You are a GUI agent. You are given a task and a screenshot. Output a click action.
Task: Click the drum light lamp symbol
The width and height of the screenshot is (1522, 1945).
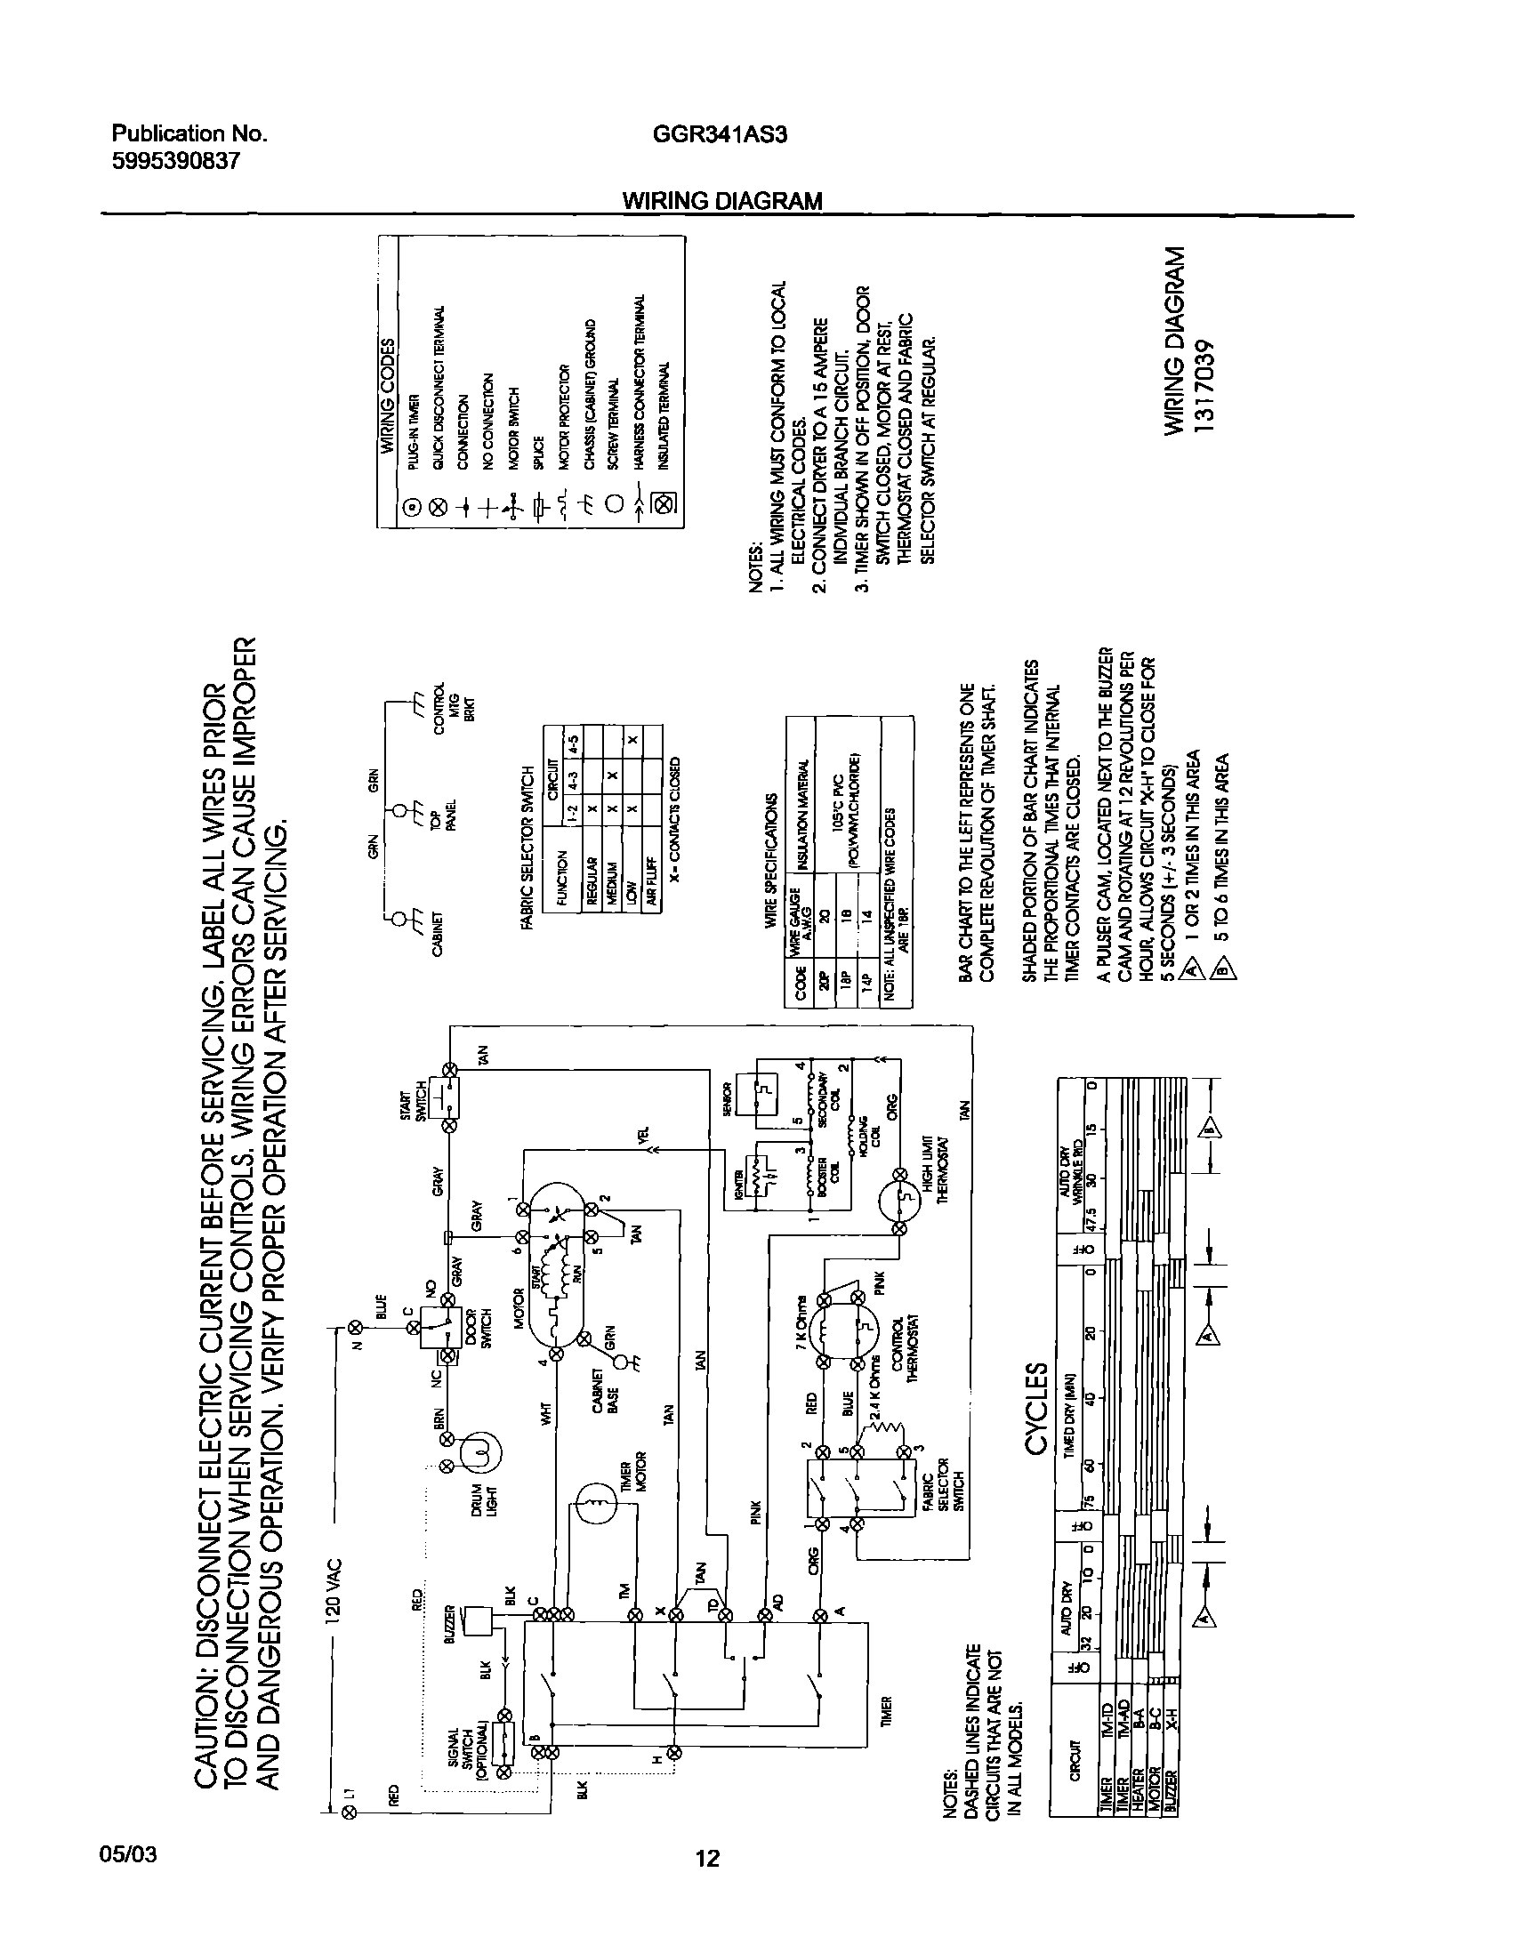point(481,1454)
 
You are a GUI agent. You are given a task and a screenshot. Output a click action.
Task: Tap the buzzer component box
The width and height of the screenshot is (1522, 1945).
point(480,1619)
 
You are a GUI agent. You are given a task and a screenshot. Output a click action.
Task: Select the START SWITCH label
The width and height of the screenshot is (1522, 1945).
point(414,1102)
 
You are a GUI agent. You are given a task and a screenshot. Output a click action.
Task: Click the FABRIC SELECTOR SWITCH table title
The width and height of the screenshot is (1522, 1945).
point(528,848)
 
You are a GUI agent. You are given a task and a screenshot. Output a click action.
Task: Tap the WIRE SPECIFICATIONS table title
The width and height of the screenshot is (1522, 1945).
point(772,862)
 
